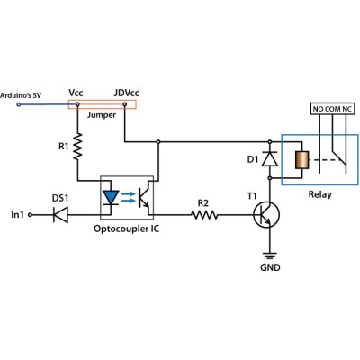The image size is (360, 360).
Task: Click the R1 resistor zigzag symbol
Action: pos(78,147)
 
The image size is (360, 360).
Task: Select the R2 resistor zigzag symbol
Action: pos(204,215)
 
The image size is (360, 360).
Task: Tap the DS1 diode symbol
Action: pos(60,215)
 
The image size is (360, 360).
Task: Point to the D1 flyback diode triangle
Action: pos(270,158)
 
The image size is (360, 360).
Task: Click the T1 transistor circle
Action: pos(266,215)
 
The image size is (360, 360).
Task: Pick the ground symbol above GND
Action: pos(270,256)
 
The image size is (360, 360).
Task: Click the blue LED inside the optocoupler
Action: pos(111,197)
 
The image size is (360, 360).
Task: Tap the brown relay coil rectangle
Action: pos(301,160)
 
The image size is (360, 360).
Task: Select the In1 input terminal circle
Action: pos(30,215)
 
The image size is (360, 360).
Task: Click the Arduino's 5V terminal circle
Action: pos(19,104)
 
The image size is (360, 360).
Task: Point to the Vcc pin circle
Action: pos(77,104)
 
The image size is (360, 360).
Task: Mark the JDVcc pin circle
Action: pos(125,104)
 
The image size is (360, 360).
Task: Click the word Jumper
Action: pos(102,115)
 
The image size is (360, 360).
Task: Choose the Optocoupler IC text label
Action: pos(127,229)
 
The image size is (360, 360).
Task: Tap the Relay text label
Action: pos(320,194)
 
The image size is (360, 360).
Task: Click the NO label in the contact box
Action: pos(318,109)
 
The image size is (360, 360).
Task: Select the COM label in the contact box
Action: pos(333,109)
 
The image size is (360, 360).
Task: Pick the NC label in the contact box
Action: pos(347,109)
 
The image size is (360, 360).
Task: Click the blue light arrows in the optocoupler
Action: pos(128,197)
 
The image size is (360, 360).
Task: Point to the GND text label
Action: pos(270,267)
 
